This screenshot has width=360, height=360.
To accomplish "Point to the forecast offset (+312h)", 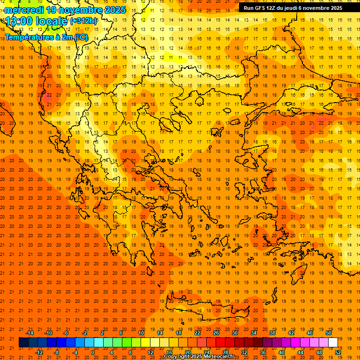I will pyautogui.click(x=83, y=21).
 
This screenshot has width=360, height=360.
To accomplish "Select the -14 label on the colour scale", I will pyautogui.click(x=30, y=333).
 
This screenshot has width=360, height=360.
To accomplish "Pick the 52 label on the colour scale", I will pyautogui.click(x=338, y=352).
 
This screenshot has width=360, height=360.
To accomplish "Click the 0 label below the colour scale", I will pyautogui.click(x=93, y=352).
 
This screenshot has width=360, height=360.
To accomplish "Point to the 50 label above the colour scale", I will pyautogui.click(x=329, y=333).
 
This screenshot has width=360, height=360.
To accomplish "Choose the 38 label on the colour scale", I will pyautogui.click(x=272, y=333).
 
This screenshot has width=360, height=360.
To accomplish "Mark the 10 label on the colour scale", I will pyautogui.click(x=141, y=333).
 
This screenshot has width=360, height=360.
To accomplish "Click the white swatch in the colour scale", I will pyautogui.click(x=333, y=342).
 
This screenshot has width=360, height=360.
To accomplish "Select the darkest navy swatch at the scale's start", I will pyautogui.click(x=23, y=342).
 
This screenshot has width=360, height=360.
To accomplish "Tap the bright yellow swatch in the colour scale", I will pyautogui.click(x=145, y=342).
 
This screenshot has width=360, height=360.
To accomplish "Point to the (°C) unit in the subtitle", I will pyautogui.click(x=81, y=37).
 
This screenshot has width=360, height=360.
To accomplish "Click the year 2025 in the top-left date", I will pyautogui.click(x=115, y=10).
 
